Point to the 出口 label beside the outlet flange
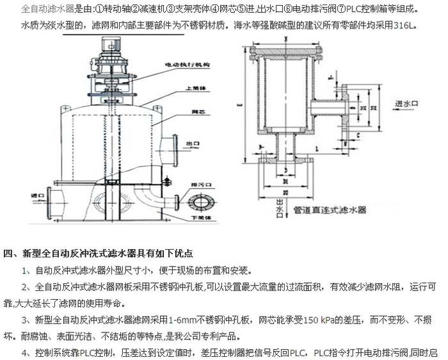(189, 143)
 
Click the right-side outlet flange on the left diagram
(173, 142)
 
